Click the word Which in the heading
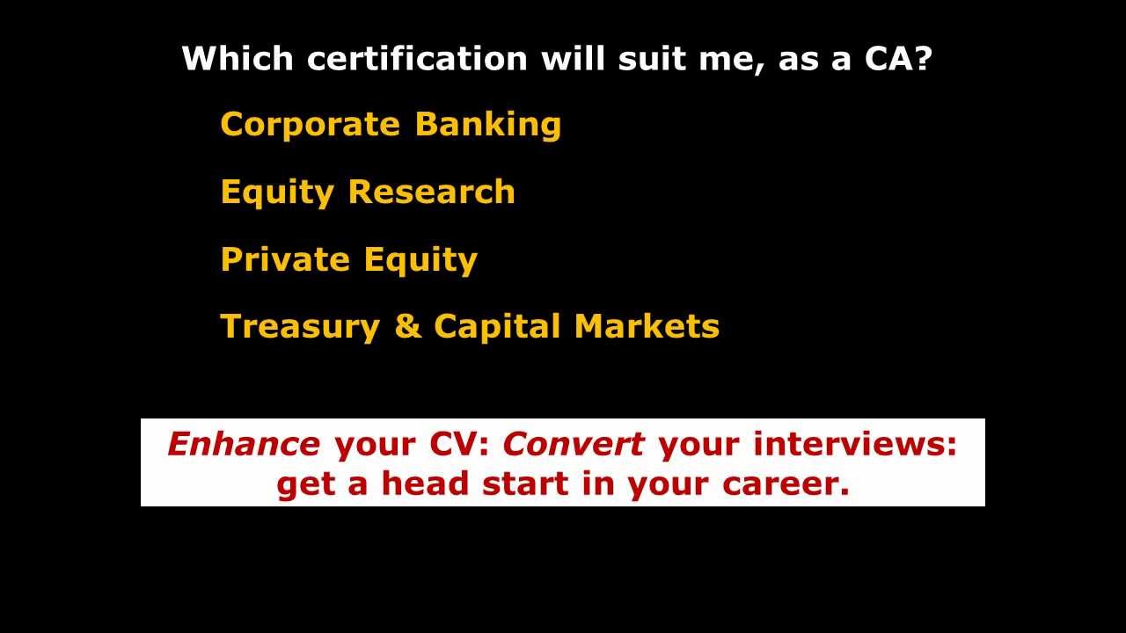pos(238,58)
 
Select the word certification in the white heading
pos(417,58)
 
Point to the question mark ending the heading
pos(922,58)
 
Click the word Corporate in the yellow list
pos(311,124)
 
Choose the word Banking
pos(488,125)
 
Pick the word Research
pos(432,192)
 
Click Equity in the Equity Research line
pos(277,193)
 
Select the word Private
pos(285,259)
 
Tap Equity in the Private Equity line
pos(420,261)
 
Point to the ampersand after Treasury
pos(408,326)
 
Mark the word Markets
pos(647,326)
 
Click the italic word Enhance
pos(244,444)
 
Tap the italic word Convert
pos(574,444)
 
